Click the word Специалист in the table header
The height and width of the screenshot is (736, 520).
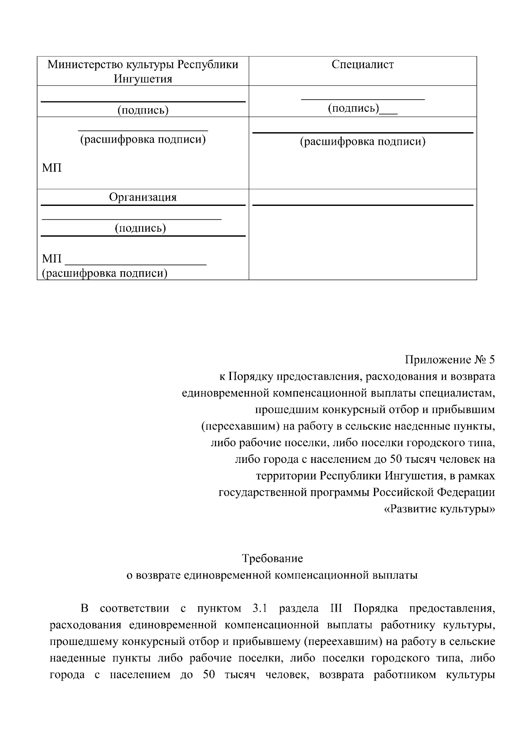363,65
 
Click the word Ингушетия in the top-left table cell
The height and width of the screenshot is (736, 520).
143,79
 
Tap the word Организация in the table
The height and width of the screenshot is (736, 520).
143,197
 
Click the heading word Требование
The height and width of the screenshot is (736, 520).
272,558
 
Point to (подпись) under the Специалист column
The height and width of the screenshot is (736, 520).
354,108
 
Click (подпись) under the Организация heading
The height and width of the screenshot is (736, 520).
140,228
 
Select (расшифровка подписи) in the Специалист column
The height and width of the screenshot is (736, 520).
363,142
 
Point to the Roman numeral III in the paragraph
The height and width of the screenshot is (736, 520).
336,608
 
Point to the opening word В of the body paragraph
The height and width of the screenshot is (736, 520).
85,608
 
